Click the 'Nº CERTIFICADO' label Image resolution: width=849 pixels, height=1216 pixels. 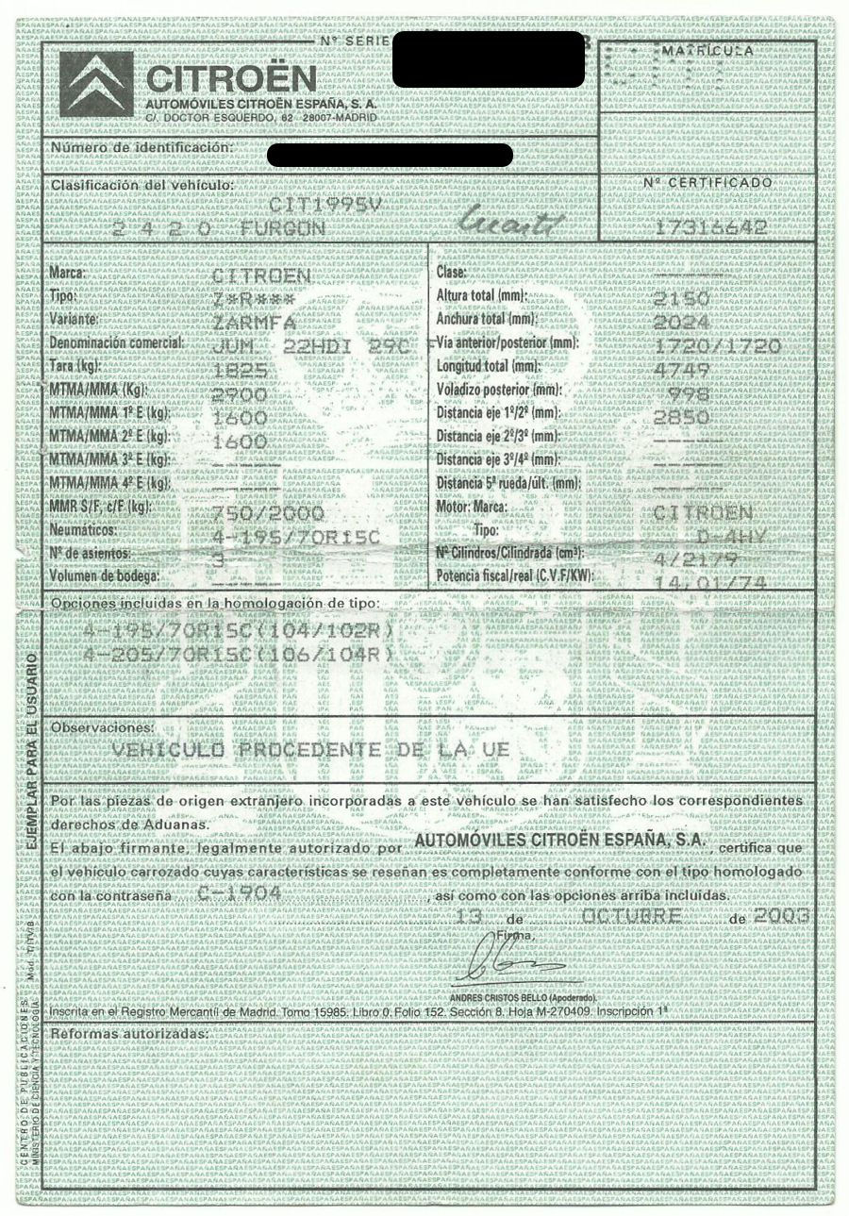pos(721,182)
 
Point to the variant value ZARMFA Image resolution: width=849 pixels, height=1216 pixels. pos(255,322)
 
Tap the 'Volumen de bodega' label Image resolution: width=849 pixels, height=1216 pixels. pos(105,575)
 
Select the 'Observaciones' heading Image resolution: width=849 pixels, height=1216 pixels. pos(101,727)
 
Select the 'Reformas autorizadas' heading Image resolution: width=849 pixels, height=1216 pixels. pos(128,1034)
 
